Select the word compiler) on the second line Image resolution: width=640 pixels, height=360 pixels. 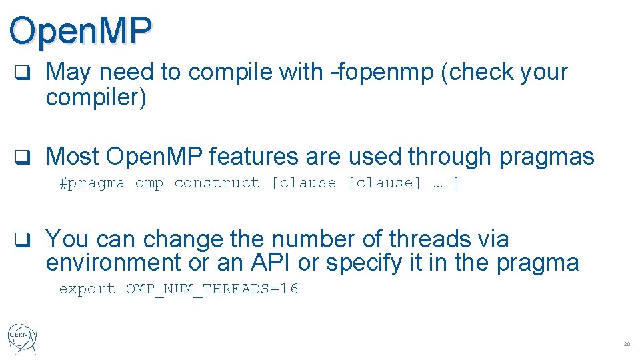click(x=95, y=97)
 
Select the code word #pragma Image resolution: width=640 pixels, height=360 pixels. click(x=92, y=183)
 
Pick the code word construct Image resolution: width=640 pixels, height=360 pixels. click(x=217, y=183)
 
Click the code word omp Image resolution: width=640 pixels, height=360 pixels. click(x=149, y=183)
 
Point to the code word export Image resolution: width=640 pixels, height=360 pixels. click(x=87, y=289)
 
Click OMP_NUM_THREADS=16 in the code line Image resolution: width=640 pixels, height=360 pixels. click(x=212, y=289)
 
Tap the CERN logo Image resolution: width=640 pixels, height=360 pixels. click(x=23, y=337)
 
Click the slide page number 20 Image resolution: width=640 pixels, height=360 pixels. click(x=626, y=344)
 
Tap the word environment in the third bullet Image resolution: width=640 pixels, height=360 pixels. click(x=113, y=263)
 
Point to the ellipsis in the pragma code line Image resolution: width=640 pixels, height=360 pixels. click(x=437, y=183)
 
